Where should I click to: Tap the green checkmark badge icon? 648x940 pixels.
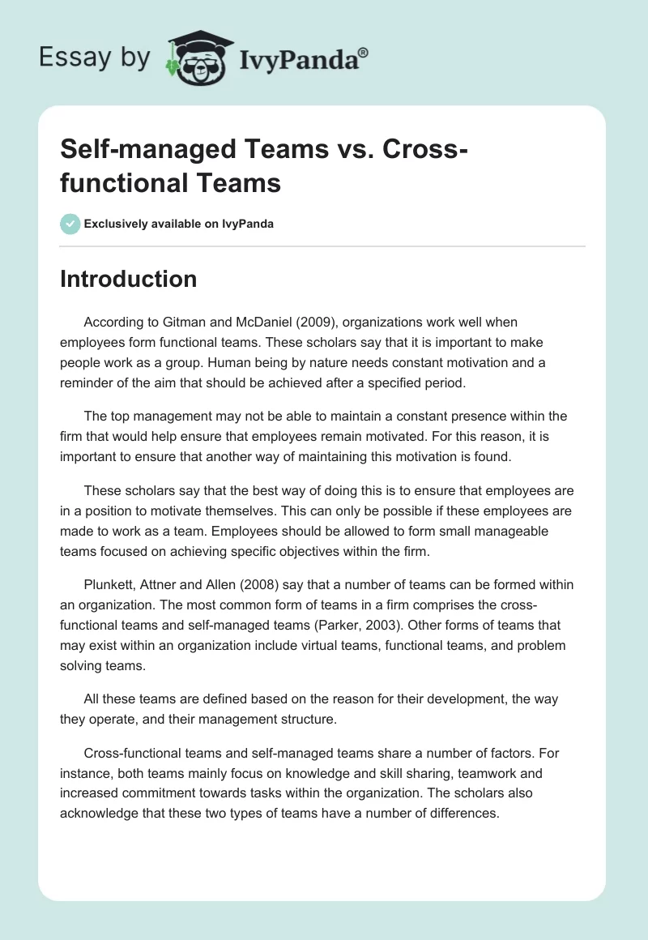(70, 224)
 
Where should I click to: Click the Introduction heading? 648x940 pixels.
(129, 279)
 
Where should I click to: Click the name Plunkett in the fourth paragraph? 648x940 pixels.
(111, 584)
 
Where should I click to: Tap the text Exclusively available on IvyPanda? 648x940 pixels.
(178, 224)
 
